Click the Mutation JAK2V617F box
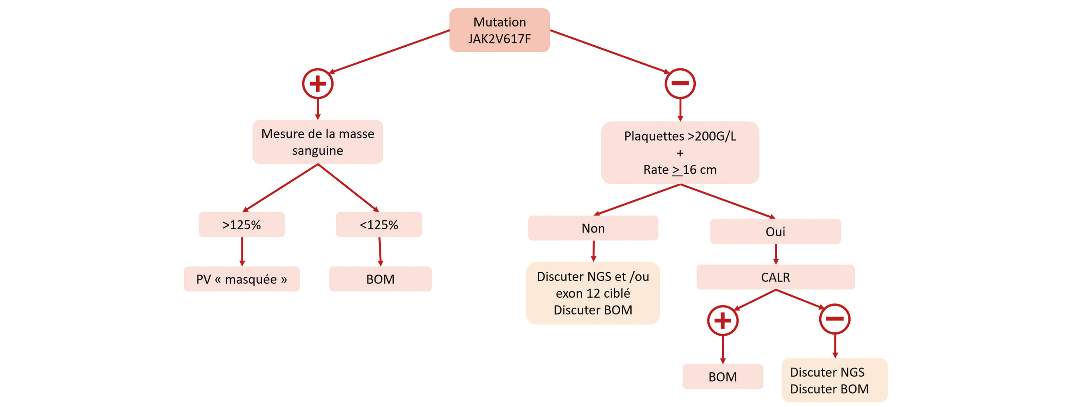(499, 30)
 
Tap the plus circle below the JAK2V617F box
(318, 84)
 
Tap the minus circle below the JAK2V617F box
(680, 84)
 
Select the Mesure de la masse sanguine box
(318, 142)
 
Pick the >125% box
(241, 224)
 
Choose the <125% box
(379, 224)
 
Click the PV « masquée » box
(241, 279)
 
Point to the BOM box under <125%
(380, 279)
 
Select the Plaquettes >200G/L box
(680, 152)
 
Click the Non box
(593, 228)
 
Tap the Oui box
(775, 231)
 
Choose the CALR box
(775, 277)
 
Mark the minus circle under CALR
(834, 319)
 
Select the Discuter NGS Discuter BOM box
(834, 380)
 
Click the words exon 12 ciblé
(593, 293)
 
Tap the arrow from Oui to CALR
(776, 254)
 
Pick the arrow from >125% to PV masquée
(242, 251)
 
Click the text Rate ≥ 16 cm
(680, 170)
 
